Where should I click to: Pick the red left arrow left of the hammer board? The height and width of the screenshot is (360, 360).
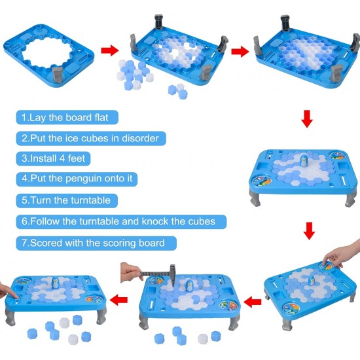(x=118, y=300)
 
